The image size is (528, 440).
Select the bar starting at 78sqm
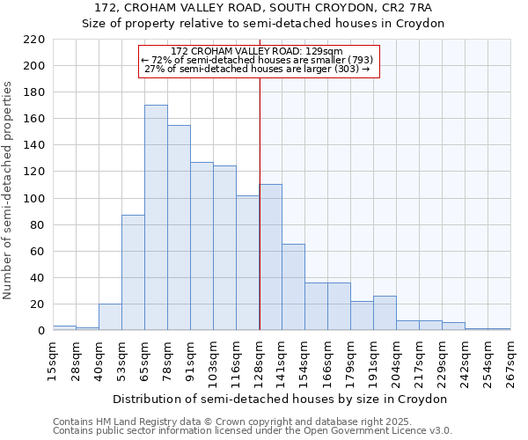point(179,228)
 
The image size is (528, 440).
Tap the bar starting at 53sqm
point(133,273)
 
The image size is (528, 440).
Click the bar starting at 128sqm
point(271,257)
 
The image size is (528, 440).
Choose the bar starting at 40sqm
point(110,317)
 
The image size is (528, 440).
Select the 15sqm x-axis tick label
point(53,363)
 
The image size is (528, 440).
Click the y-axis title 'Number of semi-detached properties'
point(9,190)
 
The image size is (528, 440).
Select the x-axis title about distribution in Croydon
point(282,399)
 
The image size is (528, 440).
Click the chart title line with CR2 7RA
point(263,7)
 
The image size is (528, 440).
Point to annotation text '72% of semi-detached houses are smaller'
point(257,60)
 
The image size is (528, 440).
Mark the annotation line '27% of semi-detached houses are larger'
point(256,69)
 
